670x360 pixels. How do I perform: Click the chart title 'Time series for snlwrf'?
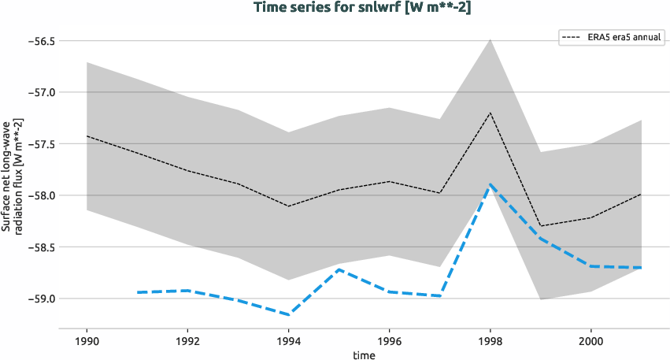(x=362, y=8)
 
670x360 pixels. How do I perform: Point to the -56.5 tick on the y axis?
(x=41, y=40)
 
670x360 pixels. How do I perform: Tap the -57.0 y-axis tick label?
(x=41, y=92)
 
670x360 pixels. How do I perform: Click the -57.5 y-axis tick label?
(x=41, y=144)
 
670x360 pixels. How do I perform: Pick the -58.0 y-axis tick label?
(x=41, y=195)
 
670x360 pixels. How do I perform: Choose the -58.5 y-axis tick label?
(x=41, y=247)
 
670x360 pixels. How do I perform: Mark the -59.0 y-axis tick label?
(x=41, y=299)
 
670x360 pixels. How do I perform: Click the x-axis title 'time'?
(x=364, y=354)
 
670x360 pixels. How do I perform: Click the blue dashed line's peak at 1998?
(x=490, y=184)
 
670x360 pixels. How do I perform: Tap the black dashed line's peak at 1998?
(x=490, y=113)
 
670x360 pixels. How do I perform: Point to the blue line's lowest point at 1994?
(x=288, y=314)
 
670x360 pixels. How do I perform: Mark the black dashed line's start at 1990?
(x=87, y=136)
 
